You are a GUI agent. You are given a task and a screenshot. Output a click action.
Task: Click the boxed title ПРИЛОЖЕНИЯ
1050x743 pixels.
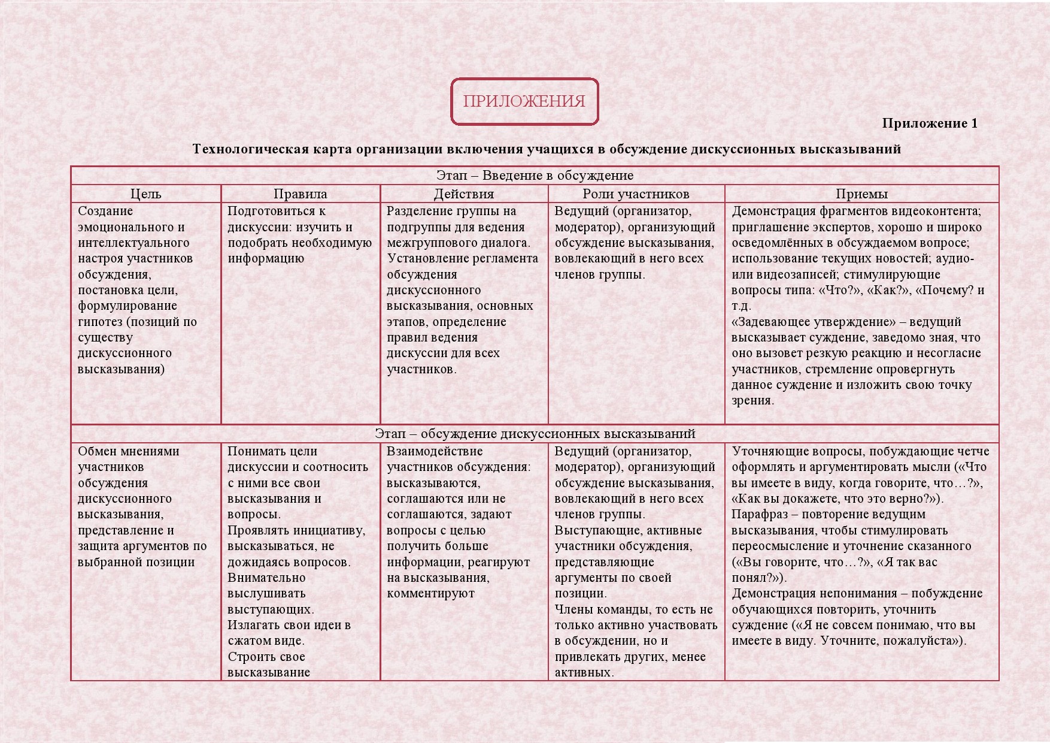524,101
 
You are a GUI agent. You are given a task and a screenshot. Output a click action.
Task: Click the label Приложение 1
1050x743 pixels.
929,123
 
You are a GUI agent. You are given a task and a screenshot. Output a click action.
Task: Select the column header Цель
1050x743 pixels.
145,194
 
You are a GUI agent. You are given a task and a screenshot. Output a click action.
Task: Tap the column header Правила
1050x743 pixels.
300,194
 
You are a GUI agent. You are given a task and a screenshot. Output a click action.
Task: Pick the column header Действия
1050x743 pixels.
464,194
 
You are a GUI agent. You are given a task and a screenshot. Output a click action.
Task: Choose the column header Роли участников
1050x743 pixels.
636,194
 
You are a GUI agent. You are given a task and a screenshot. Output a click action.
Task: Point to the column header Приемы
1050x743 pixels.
861,194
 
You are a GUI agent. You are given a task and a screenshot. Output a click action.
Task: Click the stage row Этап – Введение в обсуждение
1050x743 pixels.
535,176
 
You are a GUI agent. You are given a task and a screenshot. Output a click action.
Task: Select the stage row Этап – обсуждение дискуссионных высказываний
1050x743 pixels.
535,434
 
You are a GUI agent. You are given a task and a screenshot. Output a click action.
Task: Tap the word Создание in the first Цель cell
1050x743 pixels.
105,211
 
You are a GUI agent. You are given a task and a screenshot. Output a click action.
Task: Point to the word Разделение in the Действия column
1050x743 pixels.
418,211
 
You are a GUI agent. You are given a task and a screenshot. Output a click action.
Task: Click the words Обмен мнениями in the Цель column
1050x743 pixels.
129,451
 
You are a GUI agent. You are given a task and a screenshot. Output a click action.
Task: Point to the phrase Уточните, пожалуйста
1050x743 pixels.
890,641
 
